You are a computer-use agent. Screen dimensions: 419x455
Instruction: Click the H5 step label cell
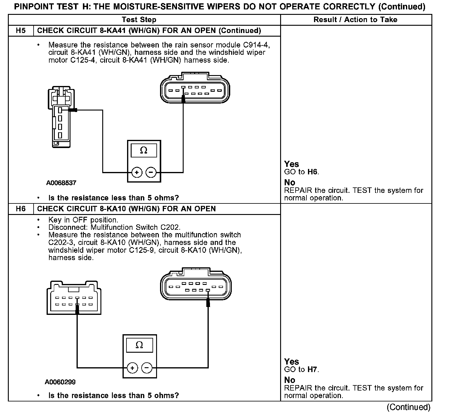pyautogui.click(x=21, y=31)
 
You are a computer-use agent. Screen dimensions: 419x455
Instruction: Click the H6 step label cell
pyautogui.click(x=21, y=209)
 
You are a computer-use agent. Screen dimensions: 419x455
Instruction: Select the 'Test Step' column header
pyautogui.click(x=139, y=20)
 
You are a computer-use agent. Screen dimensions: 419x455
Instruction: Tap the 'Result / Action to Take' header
pyautogui.click(x=355, y=20)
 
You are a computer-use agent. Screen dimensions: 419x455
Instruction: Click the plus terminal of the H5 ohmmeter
pyautogui.click(x=137, y=173)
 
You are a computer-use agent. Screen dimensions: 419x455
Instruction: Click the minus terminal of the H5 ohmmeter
pyautogui.click(x=151, y=173)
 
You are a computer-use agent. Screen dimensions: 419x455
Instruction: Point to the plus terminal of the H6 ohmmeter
pyautogui.click(x=132, y=368)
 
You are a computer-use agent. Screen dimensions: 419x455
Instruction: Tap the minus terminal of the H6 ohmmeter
pyautogui.click(x=147, y=368)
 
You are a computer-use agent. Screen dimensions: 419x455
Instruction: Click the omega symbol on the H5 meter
pyautogui.click(x=144, y=150)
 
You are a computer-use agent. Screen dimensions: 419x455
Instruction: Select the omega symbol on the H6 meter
pyautogui.click(x=139, y=345)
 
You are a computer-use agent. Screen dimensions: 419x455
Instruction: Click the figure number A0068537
pyautogui.click(x=61, y=183)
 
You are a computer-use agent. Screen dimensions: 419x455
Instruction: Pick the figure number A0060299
pyautogui.click(x=60, y=382)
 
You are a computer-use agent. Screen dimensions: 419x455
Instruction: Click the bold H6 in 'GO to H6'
pyautogui.click(x=313, y=172)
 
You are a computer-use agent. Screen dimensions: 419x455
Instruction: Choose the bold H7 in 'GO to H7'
pyautogui.click(x=313, y=369)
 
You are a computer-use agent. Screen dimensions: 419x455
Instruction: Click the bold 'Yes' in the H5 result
pyautogui.click(x=291, y=164)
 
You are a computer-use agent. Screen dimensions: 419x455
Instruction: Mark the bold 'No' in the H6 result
pyautogui.click(x=290, y=380)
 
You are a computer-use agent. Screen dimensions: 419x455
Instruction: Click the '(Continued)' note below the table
pyautogui.click(x=408, y=407)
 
